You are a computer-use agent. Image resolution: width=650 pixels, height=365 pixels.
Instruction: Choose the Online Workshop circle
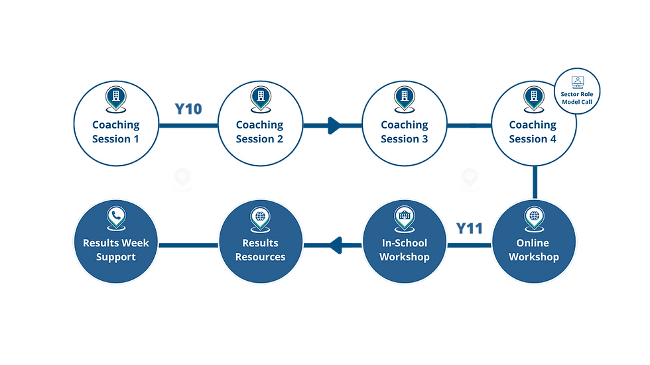tap(533, 244)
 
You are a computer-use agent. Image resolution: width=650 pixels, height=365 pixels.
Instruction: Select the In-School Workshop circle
tap(404, 244)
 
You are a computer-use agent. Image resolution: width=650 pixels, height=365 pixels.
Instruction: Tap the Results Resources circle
tap(259, 244)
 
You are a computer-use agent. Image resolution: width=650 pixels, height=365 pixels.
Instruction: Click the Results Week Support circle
tap(116, 244)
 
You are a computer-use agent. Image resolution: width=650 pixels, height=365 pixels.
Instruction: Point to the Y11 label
tap(470, 229)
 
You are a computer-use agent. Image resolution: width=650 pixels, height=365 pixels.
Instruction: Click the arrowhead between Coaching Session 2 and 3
tap(332, 125)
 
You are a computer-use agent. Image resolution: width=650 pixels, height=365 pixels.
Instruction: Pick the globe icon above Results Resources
tap(259, 217)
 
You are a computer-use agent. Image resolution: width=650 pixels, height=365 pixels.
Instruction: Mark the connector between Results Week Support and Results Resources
tap(188, 245)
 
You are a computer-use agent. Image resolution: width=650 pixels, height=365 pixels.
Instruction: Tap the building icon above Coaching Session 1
tap(116, 97)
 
